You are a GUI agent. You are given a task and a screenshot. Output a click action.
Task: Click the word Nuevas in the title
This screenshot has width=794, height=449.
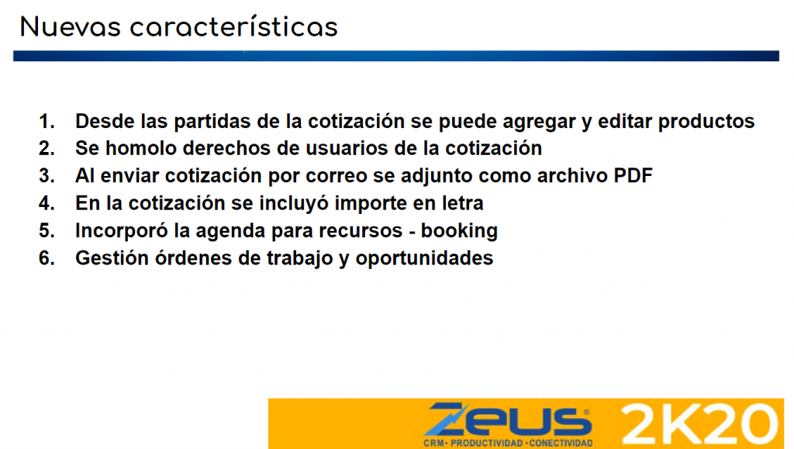[71, 27]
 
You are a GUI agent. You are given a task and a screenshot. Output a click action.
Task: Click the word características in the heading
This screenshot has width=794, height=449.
[234, 26]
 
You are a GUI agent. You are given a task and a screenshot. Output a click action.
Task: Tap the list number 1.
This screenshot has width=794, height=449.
[47, 122]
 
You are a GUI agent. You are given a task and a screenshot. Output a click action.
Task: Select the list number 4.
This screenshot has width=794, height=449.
[47, 203]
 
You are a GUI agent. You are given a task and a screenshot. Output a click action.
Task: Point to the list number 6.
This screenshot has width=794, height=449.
[47, 258]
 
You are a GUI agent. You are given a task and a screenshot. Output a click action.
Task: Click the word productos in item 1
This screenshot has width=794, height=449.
[706, 122]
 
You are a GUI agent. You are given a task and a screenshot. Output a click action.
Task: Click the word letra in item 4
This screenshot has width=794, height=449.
[463, 203]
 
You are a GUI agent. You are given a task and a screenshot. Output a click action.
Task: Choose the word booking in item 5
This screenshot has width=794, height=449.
[459, 231]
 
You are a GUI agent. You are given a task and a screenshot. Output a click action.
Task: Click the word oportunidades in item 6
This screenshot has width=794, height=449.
[424, 259]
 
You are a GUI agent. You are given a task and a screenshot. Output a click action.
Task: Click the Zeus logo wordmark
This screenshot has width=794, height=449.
[507, 419]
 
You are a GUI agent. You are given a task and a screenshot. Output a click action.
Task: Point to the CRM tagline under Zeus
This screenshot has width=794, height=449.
[508, 444]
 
